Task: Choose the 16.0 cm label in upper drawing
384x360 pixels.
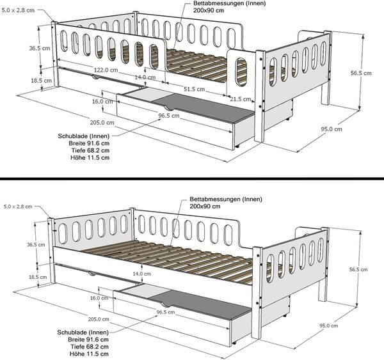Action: [98, 102]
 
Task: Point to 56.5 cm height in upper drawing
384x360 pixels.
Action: [361, 74]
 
